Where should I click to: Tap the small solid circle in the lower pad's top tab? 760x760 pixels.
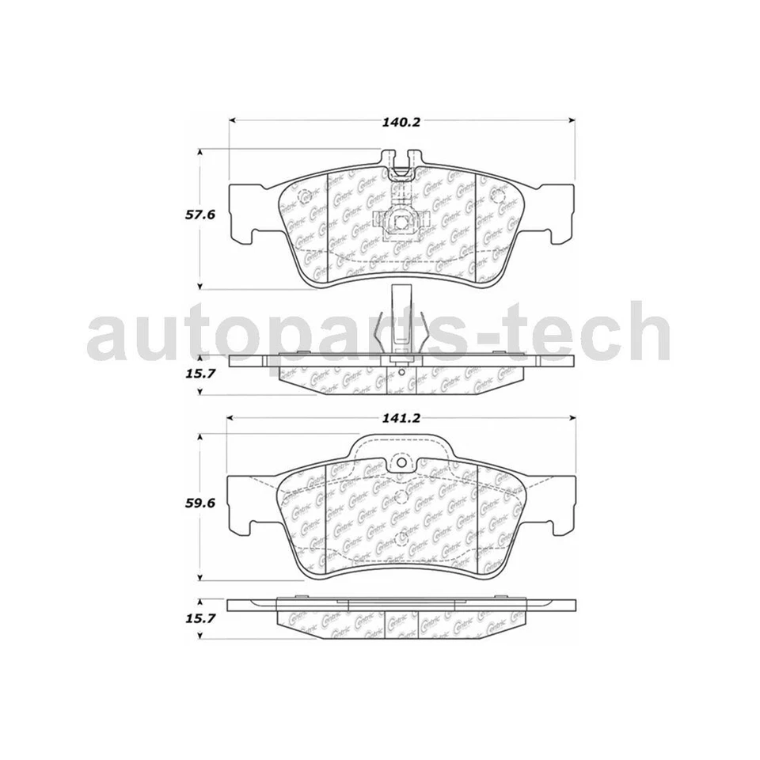401,463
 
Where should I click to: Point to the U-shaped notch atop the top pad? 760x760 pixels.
401,165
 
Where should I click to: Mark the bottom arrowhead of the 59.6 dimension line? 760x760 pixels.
199,580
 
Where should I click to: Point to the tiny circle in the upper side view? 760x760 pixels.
401,371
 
